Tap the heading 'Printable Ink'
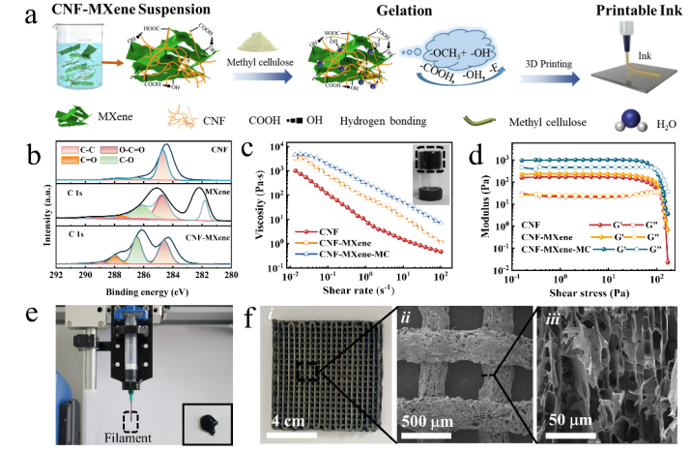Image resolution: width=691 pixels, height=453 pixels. tap(629, 14)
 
